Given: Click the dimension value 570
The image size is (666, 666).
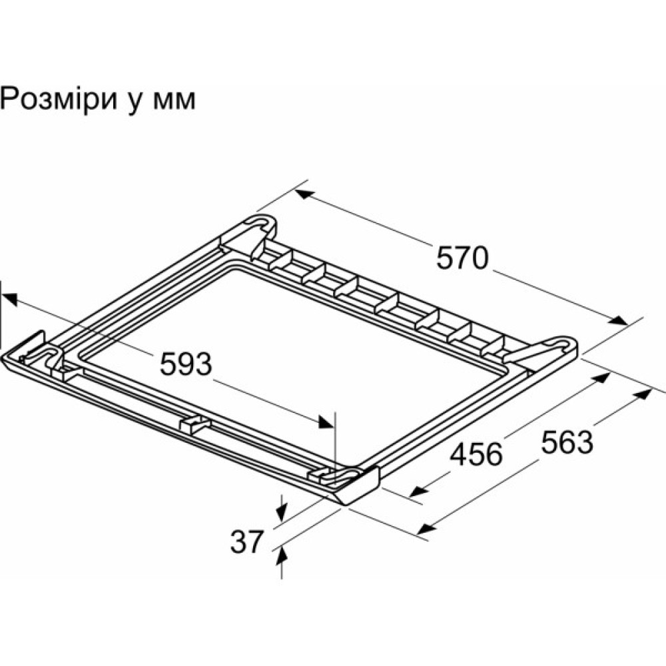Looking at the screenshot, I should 463,258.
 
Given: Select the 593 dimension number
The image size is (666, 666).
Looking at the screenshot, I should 186,364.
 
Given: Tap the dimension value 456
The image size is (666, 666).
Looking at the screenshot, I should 476,454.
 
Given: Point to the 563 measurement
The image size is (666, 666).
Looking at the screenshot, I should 566,442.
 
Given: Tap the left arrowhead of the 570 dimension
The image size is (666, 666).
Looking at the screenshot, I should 303,194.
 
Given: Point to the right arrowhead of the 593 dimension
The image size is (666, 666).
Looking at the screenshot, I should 326,422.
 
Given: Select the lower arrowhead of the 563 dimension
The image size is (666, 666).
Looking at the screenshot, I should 424,528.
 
